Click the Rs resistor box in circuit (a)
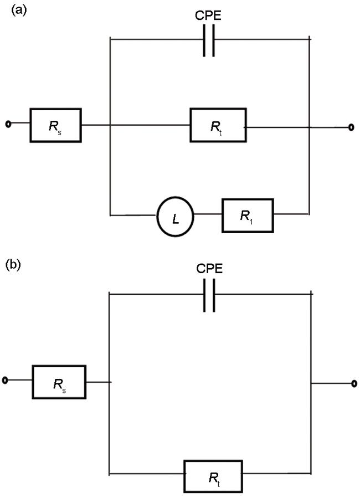pos(55,125)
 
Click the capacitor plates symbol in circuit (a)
pos(208,40)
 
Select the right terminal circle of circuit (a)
pos(350,127)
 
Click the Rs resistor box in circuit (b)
pos(59,381)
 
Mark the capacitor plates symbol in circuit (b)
pos(208,295)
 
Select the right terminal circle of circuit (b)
pos(352,382)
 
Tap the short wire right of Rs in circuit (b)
pos(99,381)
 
